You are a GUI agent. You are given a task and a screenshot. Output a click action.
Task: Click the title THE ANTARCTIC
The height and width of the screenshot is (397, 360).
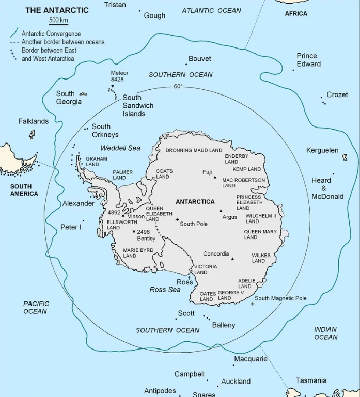[x=57, y=10]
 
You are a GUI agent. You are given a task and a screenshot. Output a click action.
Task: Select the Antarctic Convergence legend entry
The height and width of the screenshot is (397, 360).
[x=51, y=34]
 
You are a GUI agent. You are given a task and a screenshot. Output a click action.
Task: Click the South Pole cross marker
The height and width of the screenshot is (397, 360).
[x=177, y=220]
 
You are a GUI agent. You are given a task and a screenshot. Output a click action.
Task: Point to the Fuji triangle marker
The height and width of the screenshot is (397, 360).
[x=215, y=177]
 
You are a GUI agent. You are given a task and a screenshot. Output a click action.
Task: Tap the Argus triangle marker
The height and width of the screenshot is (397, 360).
[x=221, y=211]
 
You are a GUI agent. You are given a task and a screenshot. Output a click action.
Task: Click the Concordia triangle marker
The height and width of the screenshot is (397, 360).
[x=232, y=259]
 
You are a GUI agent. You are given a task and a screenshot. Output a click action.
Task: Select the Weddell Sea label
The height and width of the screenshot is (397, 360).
[x=120, y=148]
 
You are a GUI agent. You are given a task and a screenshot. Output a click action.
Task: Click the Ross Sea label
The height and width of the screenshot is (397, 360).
[x=165, y=290]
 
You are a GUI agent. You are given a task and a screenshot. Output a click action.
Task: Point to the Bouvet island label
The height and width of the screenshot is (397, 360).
[x=200, y=59]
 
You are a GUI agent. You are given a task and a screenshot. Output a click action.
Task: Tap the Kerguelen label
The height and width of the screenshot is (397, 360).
[x=322, y=150]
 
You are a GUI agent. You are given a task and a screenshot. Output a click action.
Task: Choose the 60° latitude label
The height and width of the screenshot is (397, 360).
[x=178, y=86]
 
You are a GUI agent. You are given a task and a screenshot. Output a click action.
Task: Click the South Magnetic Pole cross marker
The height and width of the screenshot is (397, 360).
[x=252, y=304]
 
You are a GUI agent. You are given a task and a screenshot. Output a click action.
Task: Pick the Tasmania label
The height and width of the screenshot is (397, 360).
[x=311, y=380]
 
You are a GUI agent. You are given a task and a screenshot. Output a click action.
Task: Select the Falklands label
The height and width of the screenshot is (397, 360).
[x=33, y=121]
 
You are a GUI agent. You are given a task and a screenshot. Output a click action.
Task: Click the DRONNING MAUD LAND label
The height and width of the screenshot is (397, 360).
[x=194, y=150]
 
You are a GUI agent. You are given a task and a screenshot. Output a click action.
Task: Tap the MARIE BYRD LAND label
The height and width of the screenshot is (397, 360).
[x=138, y=253]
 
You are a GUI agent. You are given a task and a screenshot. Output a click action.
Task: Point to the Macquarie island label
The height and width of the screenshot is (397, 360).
[x=251, y=359]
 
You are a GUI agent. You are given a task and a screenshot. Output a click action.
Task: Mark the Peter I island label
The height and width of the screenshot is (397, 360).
[x=71, y=227]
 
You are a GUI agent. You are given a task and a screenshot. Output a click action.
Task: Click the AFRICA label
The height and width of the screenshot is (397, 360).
[x=296, y=13]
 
